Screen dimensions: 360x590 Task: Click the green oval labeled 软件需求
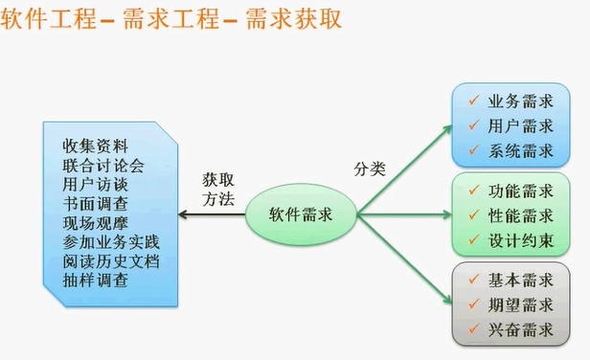[301, 214]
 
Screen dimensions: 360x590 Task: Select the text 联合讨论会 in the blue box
[103, 165]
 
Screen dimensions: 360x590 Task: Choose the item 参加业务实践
[111, 242]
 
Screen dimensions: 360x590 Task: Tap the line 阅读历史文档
[111, 261]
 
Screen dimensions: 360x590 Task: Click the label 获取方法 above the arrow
[217, 188]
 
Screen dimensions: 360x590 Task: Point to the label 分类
[370, 169]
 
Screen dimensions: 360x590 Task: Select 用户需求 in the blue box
[521, 125]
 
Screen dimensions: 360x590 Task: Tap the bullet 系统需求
[521, 150]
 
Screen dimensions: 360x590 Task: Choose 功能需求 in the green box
[521, 191]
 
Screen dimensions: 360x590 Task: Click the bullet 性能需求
[521, 214]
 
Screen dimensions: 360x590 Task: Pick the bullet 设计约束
[521, 239]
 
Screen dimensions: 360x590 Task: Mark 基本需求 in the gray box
[521, 280]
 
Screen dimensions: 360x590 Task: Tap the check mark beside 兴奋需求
[472, 329]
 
